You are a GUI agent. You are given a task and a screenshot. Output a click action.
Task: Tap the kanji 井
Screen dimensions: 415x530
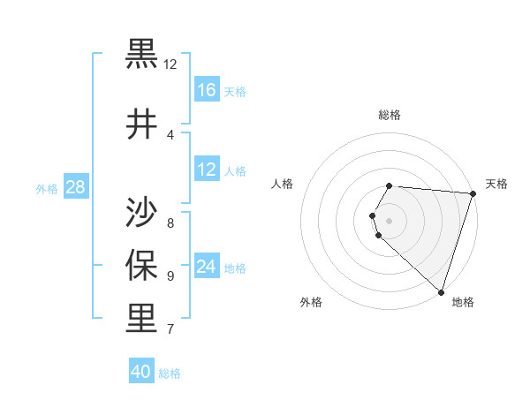(141, 125)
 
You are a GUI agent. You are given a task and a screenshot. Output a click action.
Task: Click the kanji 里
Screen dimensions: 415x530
(141, 318)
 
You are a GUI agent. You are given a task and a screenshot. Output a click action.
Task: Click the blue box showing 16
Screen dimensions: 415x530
(207, 89)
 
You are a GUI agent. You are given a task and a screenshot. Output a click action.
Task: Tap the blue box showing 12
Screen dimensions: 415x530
(207, 170)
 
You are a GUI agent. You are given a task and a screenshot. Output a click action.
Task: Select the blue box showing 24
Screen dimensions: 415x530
(207, 267)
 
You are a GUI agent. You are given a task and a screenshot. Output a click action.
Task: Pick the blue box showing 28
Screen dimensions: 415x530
(75, 187)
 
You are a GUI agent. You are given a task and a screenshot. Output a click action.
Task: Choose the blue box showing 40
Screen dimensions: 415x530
(141, 372)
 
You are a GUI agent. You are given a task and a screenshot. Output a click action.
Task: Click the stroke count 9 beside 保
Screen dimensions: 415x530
(170, 275)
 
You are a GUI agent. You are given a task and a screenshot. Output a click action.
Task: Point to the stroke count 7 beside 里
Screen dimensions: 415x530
(170, 330)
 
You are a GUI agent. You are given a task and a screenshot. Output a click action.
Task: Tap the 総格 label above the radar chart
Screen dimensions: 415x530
(390, 115)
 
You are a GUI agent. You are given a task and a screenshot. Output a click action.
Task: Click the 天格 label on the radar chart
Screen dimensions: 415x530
(496, 184)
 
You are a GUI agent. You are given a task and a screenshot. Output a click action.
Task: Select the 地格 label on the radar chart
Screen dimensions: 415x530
(463, 302)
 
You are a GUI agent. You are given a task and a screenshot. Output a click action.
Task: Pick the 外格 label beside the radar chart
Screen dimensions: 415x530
(311, 302)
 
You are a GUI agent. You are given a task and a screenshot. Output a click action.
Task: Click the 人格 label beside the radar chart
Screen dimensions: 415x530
(283, 184)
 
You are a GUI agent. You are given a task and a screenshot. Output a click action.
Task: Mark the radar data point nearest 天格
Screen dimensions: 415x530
(473, 193)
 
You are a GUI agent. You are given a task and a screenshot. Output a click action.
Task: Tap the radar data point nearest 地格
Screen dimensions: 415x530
(441, 291)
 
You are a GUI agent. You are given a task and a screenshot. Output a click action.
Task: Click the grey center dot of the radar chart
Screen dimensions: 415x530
(390, 221)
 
